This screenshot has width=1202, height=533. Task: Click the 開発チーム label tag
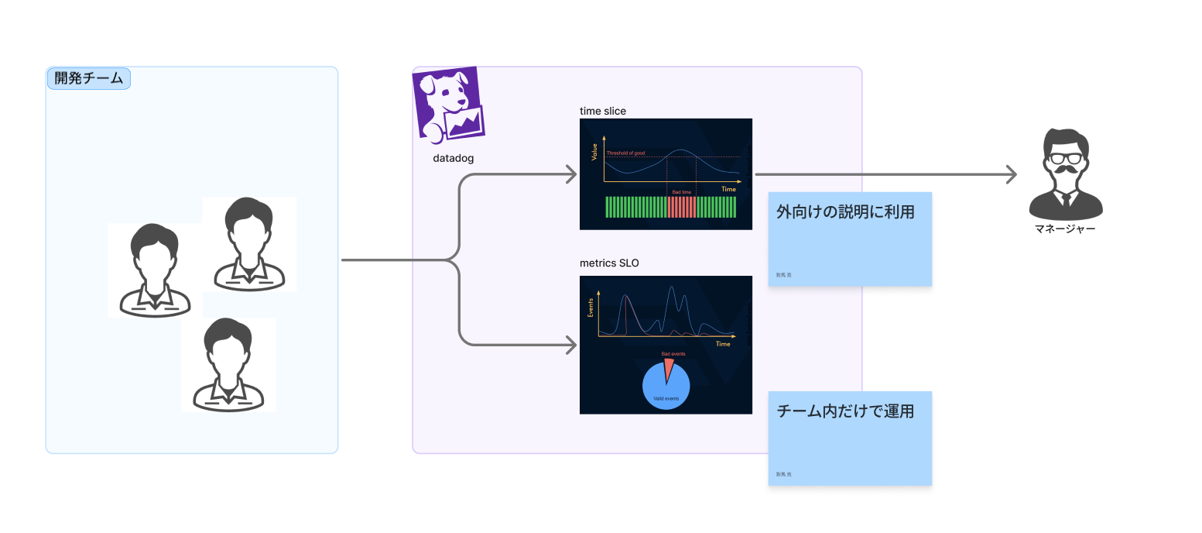pos(89,79)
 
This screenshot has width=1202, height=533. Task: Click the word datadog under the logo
pos(453,158)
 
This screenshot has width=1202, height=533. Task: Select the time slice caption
pos(603,111)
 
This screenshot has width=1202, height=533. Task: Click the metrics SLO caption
pos(609,263)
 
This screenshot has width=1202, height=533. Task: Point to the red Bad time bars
pos(682,207)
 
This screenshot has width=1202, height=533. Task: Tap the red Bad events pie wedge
pos(669,368)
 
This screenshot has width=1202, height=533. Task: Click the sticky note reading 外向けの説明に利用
pos(849,239)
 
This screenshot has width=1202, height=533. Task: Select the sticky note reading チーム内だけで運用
pos(849,438)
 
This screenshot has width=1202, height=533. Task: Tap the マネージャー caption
pos(1065,229)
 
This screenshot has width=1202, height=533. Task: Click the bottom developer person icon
pos(228,364)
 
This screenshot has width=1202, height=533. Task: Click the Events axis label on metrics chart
pos(591,308)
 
